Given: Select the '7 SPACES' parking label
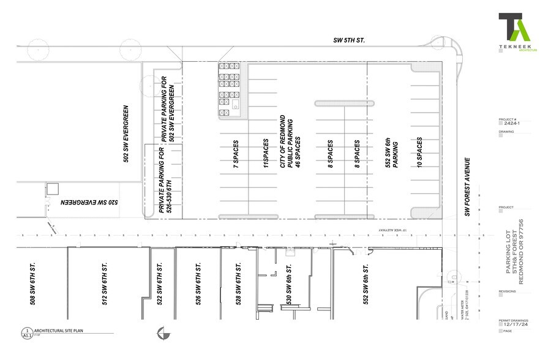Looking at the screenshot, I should click(x=235, y=155).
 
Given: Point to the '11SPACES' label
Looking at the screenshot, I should click(x=266, y=154).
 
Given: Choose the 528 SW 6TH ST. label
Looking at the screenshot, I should click(x=238, y=283).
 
